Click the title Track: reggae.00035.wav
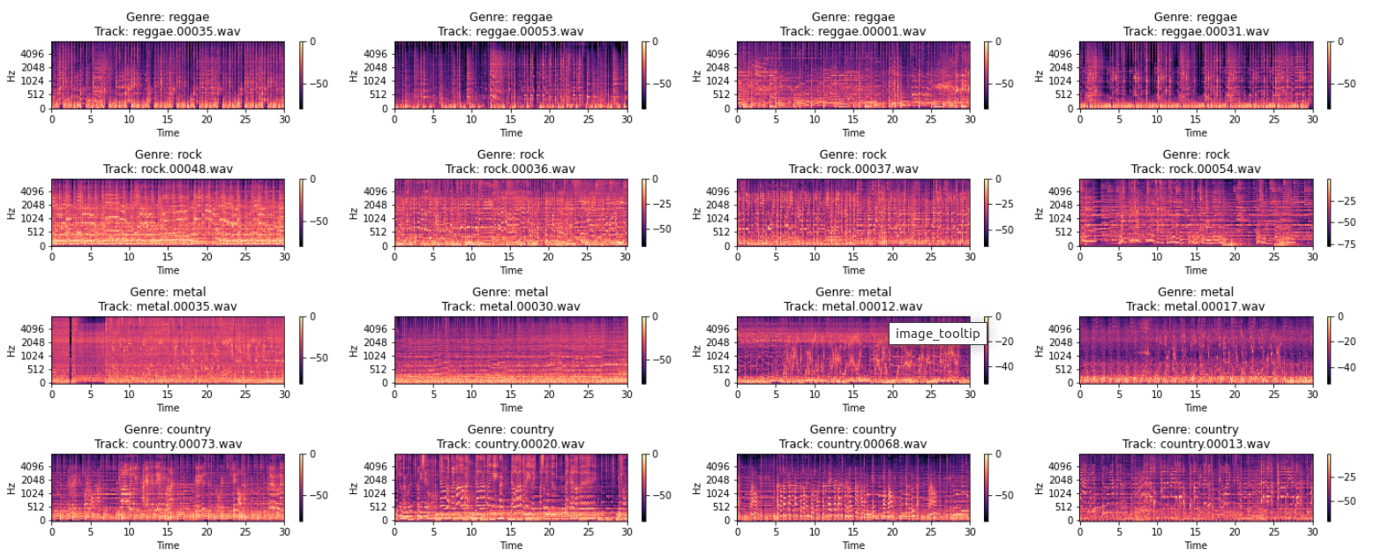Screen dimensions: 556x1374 (x=168, y=31)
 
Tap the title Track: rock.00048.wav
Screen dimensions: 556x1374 (x=168, y=169)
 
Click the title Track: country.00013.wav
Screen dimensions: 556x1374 (x=1196, y=444)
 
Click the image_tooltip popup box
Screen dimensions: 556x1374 (x=937, y=333)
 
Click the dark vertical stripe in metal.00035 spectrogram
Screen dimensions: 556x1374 (x=71, y=349)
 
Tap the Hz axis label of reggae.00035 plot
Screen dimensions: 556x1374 (x=11, y=76)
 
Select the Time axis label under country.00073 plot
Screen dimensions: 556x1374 (x=168, y=545)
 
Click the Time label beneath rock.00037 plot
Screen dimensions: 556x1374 (x=853, y=270)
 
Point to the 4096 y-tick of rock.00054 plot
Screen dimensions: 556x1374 (x=1063, y=191)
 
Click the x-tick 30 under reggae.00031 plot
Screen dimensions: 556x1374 (x=1312, y=119)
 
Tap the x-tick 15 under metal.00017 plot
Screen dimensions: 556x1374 (x=1196, y=394)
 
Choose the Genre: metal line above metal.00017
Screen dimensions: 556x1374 (x=1196, y=292)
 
